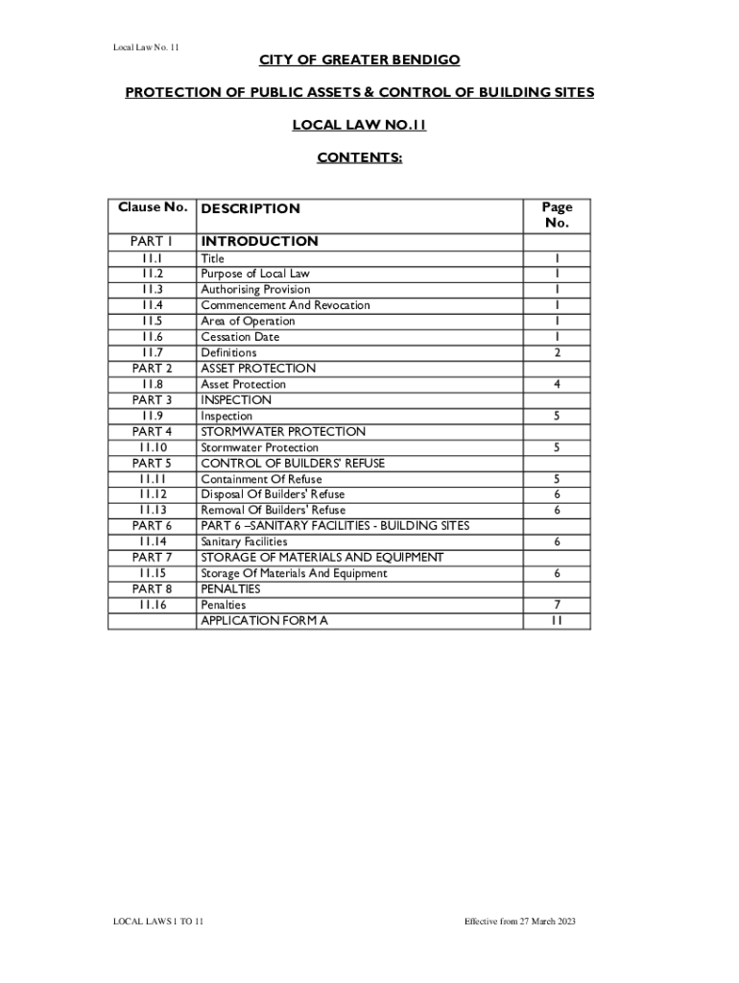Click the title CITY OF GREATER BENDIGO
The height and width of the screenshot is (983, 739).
(x=359, y=60)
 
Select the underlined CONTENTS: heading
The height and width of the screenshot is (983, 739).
(x=359, y=156)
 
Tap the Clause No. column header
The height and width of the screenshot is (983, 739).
(x=152, y=207)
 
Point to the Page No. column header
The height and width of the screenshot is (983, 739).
(x=556, y=215)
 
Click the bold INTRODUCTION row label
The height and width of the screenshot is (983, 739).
(x=259, y=241)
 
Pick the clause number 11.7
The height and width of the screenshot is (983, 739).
(x=152, y=352)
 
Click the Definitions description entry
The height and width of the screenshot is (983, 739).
(x=228, y=352)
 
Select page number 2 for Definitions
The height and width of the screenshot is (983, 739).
(x=556, y=352)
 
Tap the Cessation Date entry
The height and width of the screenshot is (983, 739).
(x=240, y=337)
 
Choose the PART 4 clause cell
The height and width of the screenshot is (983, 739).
(x=152, y=431)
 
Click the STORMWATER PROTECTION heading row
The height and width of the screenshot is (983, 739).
(x=282, y=431)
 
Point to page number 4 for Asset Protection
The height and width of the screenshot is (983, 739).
(x=556, y=384)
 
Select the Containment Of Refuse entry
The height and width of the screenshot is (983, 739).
(x=261, y=478)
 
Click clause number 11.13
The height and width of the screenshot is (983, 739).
(x=152, y=510)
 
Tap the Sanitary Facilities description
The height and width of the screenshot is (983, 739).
(x=244, y=541)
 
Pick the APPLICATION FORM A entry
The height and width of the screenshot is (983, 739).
(x=264, y=620)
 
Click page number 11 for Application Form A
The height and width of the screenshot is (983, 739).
(x=556, y=620)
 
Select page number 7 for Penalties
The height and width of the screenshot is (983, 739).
(x=556, y=605)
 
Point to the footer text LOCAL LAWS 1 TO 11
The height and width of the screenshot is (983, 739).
(x=158, y=922)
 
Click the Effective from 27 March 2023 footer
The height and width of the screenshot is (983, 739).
(x=519, y=922)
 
